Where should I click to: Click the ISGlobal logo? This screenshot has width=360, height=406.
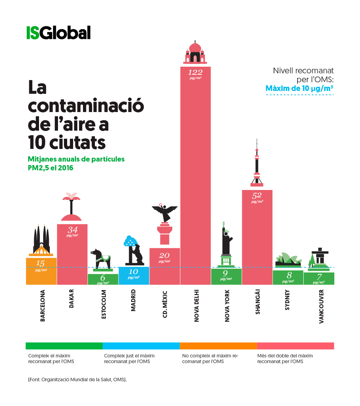(58, 33)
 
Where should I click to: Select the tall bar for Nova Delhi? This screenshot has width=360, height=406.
(195, 176)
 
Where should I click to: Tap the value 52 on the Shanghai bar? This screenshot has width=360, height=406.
(257, 196)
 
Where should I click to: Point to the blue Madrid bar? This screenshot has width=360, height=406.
(134, 276)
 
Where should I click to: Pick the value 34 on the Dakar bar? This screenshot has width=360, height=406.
(72, 230)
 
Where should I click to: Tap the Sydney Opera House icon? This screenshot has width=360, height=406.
(288, 259)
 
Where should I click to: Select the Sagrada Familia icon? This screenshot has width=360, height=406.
(41, 241)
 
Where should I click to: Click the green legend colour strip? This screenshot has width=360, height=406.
(64, 346)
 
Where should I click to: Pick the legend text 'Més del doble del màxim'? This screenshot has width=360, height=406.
(285, 355)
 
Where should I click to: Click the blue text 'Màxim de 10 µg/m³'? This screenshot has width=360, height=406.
(299, 88)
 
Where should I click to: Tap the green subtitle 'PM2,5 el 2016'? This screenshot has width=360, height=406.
(50, 168)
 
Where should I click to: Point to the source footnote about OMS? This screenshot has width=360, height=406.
(77, 380)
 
